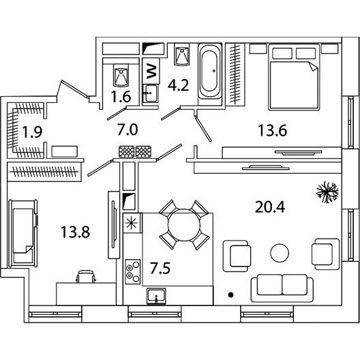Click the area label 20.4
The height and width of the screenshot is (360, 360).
click(x=270, y=207)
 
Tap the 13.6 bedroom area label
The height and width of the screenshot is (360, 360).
click(x=273, y=130)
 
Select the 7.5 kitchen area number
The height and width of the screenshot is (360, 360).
click(x=160, y=268)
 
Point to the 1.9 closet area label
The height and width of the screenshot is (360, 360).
click(x=32, y=132)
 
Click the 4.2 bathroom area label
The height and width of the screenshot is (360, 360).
click(x=178, y=85)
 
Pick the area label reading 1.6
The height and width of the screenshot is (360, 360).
click(x=121, y=96)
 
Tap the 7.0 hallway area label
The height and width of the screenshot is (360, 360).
click(x=127, y=130)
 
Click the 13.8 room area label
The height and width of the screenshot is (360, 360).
click(x=75, y=232)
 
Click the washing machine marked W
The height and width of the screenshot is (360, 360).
click(x=151, y=71)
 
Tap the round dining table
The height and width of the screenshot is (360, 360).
click(x=184, y=225)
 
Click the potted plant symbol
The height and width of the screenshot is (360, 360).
click(x=327, y=192)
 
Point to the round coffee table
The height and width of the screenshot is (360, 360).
click(x=280, y=252)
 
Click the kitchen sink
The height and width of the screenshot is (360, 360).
click(x=156, y=296)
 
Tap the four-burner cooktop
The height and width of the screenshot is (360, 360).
click(x=133, y=271)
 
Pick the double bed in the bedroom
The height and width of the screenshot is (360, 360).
click(x=294, y=77)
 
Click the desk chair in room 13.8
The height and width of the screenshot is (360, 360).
click(x=86, y=276)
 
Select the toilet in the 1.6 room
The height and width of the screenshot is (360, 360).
click(x=121, y=75)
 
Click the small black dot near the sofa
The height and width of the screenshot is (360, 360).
click(x=231, y=295)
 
